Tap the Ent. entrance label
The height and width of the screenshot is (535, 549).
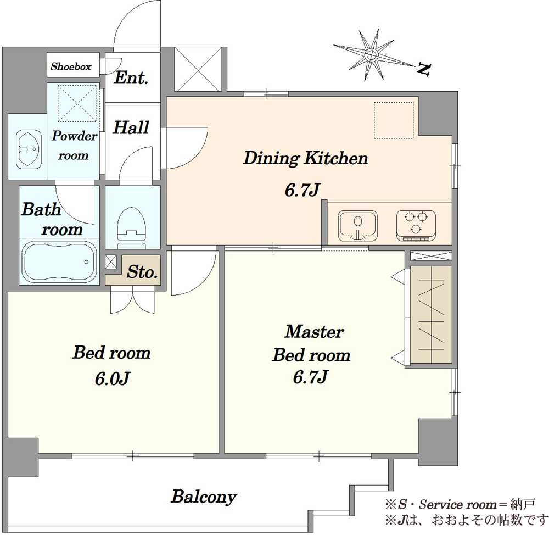click(x=131, y=78)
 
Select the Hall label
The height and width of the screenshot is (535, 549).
click(x=131, y=128)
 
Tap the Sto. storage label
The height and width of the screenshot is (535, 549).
click(x=143, y=271)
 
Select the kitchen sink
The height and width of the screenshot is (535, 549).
click(x=358, y=225)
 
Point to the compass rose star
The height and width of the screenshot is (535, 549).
click(x=372, y=55)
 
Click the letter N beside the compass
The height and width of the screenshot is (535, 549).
click(x=423, y=69)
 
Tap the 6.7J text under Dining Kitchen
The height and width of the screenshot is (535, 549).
click(x=302, y=191)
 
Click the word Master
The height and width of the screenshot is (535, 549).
click(x=314, y=332)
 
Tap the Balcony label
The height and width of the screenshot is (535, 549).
click(x=204, y=497)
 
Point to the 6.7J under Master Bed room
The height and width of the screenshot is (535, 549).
click(x=311, y=378)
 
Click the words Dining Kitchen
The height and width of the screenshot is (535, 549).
click(x=305, y=159)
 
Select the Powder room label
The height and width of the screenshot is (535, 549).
click(x=74, y=146)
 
